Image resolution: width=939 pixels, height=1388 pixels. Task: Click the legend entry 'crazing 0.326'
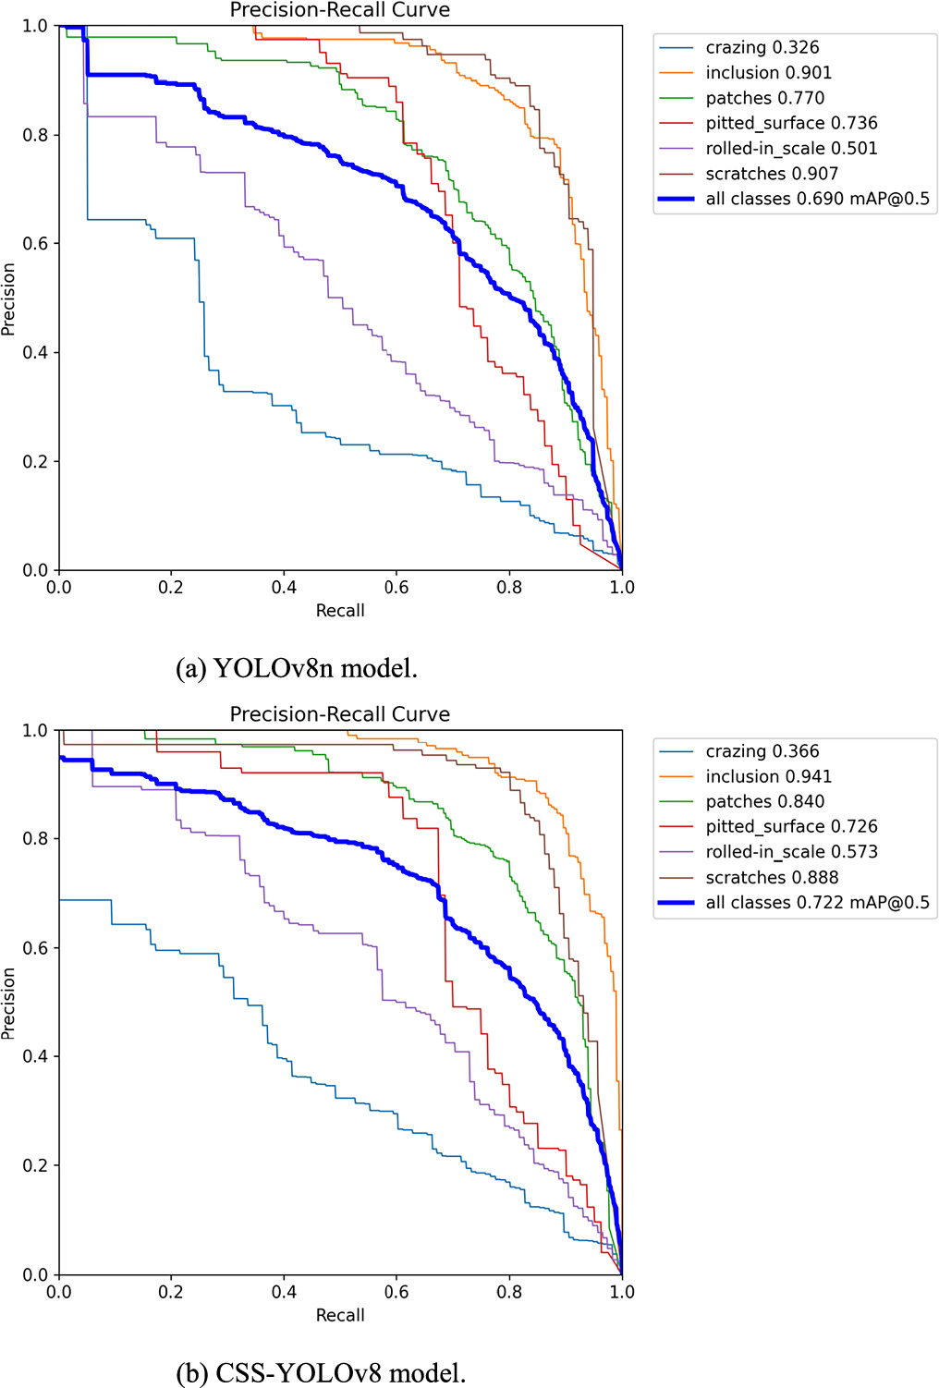[x=762, y=47]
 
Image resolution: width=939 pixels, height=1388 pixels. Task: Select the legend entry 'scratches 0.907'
[x=771, y=174]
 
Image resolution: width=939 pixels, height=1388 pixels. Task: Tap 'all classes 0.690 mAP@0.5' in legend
[x=817, y=199]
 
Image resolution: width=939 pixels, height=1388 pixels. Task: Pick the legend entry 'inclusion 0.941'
[x=768, y=776]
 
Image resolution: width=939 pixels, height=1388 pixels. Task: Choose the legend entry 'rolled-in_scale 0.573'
[x=791, y=852]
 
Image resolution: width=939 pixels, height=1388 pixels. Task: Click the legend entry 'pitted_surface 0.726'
[x=791, y=826]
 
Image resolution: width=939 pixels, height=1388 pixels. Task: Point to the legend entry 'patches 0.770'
[x=764, y=98]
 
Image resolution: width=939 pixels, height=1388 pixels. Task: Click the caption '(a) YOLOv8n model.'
[x=297, y=668]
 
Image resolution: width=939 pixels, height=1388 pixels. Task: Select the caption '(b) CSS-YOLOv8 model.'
[x=321, y=1372]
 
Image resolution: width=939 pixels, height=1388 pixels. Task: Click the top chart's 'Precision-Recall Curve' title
[x=340, y=10]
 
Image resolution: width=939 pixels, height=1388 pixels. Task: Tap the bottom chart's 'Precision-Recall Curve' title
[x=340, y=714]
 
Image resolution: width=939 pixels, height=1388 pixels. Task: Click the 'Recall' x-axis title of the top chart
[x=340, y=611]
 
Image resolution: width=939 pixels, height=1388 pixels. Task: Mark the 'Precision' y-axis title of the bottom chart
[x=9, y=1003]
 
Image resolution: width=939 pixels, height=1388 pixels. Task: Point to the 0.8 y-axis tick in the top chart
[x=35, y=135]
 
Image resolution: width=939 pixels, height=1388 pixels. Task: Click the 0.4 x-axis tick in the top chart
[x=284, y=588]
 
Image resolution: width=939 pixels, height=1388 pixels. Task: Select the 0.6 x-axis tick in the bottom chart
[x=396, y=1292]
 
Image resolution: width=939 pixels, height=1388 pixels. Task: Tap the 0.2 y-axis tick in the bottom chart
[x=35, y=1165]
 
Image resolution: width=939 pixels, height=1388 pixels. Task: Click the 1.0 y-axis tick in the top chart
[x=35, y=26]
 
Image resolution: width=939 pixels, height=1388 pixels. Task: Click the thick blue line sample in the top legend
[x=676, y=199]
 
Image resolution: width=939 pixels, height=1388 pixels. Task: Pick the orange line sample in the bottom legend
[x=676, y=776]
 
